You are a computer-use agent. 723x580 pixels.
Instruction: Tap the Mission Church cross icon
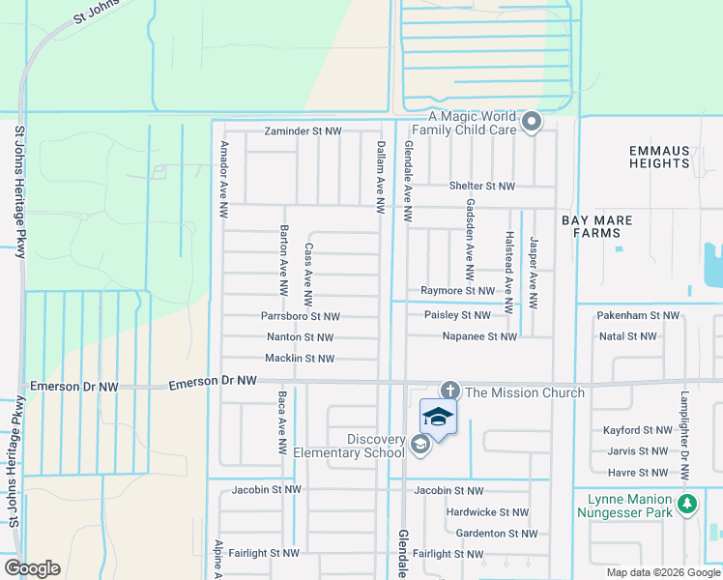click(449, 391)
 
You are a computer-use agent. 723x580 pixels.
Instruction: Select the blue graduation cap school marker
click(438, 417)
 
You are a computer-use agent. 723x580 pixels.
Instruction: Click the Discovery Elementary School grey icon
click(419, 445)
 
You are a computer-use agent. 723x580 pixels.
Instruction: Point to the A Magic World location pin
click(531, 122)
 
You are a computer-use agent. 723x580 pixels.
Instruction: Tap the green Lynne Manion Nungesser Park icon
click(687, 504)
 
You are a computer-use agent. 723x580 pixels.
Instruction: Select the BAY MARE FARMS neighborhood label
click(602, 227)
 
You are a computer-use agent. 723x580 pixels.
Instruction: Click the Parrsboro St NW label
click(300, 316)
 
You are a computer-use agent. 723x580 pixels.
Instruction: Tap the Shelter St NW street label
click(481, 186)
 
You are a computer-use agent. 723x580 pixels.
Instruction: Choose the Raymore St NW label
click(457, 290)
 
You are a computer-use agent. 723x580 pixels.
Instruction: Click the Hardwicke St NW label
click(486, 512)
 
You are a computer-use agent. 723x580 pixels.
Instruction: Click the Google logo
click(32, 568)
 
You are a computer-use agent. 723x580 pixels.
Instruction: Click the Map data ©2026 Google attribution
click(662, 572)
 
